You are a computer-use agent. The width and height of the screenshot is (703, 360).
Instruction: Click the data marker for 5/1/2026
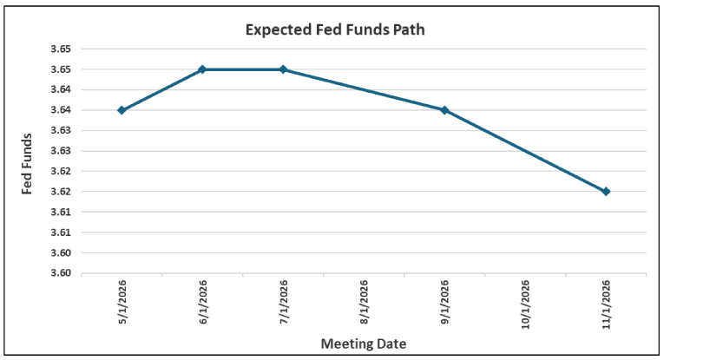tap(122, 110)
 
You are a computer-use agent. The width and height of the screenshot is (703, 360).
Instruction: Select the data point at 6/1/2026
tap(202, 69)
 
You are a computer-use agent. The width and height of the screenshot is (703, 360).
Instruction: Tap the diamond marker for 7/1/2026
tap(283, 69)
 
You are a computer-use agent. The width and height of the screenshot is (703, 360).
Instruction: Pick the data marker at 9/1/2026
tap(444, 110)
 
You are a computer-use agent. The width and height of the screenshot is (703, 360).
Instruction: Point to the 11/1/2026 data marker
tap(606, 191)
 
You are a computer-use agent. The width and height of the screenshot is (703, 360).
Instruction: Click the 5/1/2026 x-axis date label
tap(122, 303)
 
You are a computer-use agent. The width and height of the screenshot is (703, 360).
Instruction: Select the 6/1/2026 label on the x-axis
tap(202, 303)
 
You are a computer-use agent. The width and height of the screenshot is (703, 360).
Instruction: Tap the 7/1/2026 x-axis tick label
tap(283, 303)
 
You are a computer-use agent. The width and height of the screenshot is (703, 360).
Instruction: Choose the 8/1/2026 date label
tap(364, 303)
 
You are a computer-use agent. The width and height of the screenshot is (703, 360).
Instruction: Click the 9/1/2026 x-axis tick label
tap(444, 303)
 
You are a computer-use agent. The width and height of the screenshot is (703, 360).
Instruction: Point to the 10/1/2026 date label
tap(525, 303)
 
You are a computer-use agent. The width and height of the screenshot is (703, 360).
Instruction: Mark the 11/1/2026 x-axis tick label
tap(606, 303)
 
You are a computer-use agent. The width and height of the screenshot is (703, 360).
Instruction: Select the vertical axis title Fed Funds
tap(28, 164)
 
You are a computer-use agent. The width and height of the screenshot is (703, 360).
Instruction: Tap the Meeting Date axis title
tap(363, 344)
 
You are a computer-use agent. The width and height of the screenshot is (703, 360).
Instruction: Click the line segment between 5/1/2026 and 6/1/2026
tap(161, 90)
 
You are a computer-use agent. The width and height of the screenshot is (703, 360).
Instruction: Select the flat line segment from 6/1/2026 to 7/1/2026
tap(243, 69)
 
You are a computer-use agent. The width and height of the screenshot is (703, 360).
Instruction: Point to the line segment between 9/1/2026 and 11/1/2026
tap(525, 151)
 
